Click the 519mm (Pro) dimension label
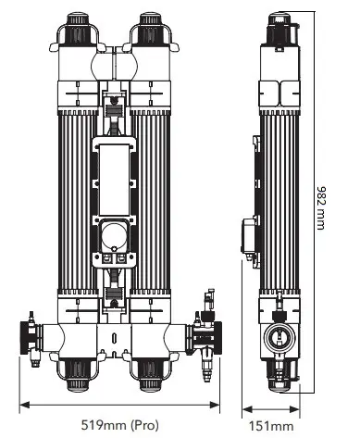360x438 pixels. pos(120,425)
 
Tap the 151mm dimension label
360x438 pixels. pos(271,426)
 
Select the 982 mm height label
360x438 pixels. pos(321,207)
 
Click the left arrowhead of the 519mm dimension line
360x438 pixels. pos(24,405)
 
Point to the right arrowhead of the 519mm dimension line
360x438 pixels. pos(215,405)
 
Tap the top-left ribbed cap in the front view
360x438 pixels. pos(78,28)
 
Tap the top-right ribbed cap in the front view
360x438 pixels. pos(151,28)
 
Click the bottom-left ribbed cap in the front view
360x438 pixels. pos(78,374)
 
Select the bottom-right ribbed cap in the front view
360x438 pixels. pos(151,374)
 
